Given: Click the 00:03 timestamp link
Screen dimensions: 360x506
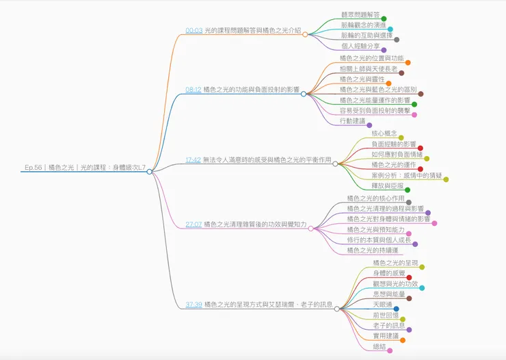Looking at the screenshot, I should tap(194, 31).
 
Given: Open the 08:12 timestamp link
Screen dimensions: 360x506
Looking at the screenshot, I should tap(194, 90).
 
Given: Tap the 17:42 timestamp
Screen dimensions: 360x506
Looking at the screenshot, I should tap(194, 159).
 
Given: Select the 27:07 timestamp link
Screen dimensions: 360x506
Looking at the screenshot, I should tap(194, 224).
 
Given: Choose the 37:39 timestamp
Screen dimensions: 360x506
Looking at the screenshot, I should tap(194, 305).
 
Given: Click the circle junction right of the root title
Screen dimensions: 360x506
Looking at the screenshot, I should tap(149, 172).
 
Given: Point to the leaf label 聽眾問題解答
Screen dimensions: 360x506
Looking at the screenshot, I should tap(360, 14).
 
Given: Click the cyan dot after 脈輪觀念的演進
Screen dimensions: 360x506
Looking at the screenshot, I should tap(390, 29).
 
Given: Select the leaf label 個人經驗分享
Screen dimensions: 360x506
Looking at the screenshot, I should tap(360, 45).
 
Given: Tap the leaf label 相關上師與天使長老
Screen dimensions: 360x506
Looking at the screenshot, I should tap(368, 68).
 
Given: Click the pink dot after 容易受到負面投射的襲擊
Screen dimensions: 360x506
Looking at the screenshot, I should tap(414, 115).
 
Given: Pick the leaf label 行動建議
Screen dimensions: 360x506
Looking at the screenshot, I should tap(352, 120).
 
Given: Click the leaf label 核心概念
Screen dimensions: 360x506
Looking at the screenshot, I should tap(384, 133).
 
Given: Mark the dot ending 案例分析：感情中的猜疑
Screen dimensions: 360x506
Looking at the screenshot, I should tap(447, 179).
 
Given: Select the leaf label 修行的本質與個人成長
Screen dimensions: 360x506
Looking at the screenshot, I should tap(379, 240).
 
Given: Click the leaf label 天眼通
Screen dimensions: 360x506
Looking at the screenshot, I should tap(383, 303).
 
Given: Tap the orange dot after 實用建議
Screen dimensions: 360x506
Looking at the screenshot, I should tap(403, 340).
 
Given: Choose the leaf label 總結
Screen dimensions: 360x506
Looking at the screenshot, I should tap(379, 346).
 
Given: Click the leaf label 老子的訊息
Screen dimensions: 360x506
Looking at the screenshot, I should tap(388, 325).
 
